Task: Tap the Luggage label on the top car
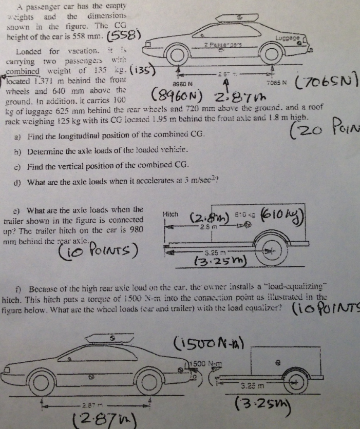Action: (x=285, y=38)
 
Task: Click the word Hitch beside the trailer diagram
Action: (x=169, y=213)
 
